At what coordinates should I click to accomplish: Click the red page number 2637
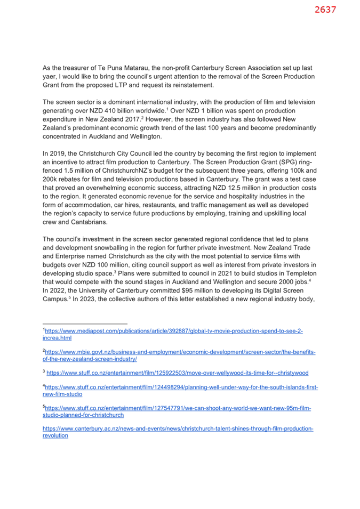tap(325, 10)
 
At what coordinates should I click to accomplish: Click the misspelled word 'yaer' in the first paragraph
tap(49, 77)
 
